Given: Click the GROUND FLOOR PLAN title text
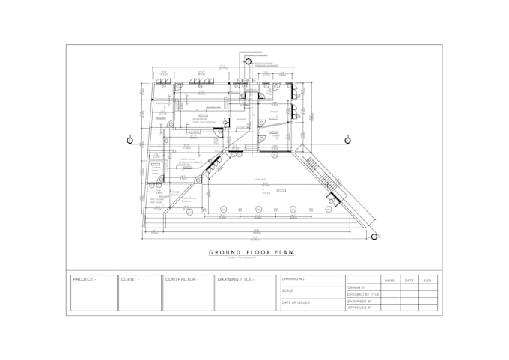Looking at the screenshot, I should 252,252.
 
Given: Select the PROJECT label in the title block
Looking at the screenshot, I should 84,279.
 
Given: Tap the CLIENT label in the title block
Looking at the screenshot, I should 129,279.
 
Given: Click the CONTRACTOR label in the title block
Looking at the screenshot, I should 182,279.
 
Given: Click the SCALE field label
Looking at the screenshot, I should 287,290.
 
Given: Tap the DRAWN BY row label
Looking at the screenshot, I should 357,287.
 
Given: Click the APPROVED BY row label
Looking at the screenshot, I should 360,308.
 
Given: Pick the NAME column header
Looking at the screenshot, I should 390,281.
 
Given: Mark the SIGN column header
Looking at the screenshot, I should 427,281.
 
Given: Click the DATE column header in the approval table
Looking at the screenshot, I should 409,281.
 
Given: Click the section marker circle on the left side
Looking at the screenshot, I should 130,140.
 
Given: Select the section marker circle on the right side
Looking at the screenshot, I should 348,140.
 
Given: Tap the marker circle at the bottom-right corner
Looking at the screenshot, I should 374,237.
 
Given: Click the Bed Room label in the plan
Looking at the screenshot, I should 159,104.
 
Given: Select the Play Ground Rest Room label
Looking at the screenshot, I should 157,200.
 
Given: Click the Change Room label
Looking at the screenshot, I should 177,192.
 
